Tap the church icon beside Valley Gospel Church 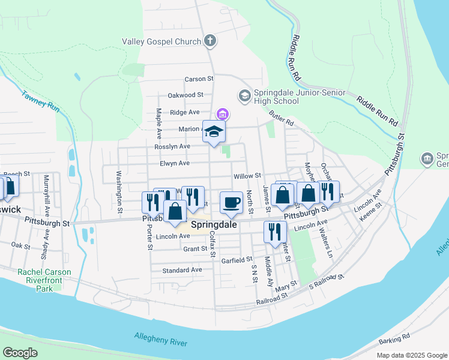coord(209,41)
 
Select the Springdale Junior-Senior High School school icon coord(244,96)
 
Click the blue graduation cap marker coord(214,132)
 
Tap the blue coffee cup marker coord(231,203)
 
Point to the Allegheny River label coord(161,343)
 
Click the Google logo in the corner coord(20,353)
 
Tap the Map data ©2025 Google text coord(411,355)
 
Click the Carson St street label coord(199,79)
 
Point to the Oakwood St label coord(185,95)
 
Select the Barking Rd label coord(394,340)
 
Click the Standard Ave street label coord(182,270)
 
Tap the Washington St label coord(119,193)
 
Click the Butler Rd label coord(281,118)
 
